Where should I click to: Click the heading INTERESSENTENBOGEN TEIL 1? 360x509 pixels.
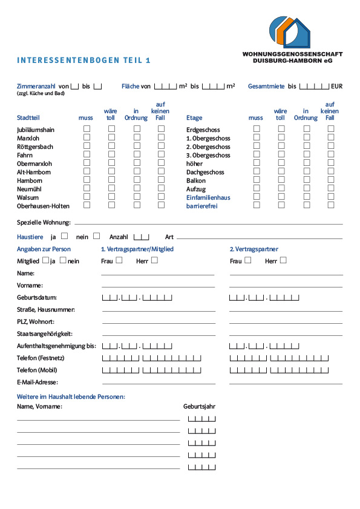pyautogui.click(x=83, y=61)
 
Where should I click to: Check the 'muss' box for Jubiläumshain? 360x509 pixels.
pyautogui.click(x=87, y=129)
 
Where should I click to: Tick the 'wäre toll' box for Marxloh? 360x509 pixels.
pyautogui.click(x=111, y=137)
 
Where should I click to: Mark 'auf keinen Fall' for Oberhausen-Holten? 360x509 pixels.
pyautogui.click(x=161, y=205)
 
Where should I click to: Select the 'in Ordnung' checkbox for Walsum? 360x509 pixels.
pyautogui.click(x=137, y=197)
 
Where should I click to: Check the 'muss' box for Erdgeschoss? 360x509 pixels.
pyautogui.click(x=257, y=129)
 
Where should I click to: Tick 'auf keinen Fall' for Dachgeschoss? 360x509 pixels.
pyautogui.click(x=331, y=171)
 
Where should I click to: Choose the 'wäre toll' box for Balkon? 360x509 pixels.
pyautogui.click(x=281, y=180)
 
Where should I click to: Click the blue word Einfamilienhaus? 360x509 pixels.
pyautogui.click(x=208, y=197)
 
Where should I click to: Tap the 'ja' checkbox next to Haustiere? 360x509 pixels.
pyautogui.click(x=65, y=236)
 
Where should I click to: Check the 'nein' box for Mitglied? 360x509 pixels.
pyautogui.click(x=63, y=260)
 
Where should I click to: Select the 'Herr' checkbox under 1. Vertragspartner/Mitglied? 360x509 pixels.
pyautogui.click(x=154, y=260)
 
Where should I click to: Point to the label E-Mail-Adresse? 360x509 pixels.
pyautogui.click(x=38, y=383)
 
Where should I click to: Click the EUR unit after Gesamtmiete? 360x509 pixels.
pyautogui.click(x=336, y=87)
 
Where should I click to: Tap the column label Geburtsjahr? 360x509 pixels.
pyautogui.click(x=200, y=407)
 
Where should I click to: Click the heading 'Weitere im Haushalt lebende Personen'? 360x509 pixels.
pyautogui.click(x=71, y=396)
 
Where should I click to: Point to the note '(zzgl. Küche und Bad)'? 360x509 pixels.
pyautogui.click(x=40, y=94)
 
